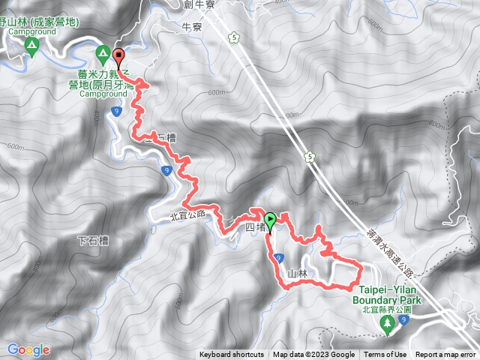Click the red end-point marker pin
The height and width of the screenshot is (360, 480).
[x=118, y=55]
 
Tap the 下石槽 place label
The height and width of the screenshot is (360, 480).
[x=94, y=241]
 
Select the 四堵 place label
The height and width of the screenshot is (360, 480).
[x=254, y=226]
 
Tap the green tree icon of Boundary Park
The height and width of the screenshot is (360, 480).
[x=388, y=325]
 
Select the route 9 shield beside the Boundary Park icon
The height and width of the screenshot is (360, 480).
[x=403, y=321]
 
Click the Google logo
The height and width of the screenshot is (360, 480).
[x=28, y=349]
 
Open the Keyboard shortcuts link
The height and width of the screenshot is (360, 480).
[x=231, y=355]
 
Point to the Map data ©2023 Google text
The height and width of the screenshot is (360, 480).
[x=313, y=355]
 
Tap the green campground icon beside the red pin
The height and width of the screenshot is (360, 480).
[x=103, y=52]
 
